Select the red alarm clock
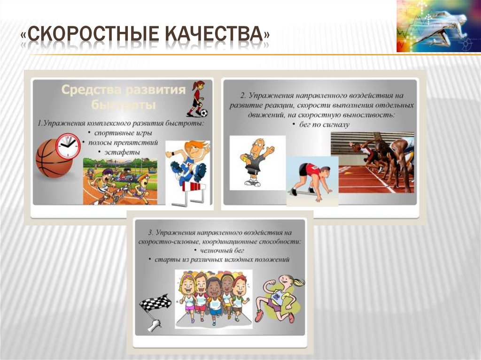tap(68, 146)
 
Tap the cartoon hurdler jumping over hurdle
tap(187, 162)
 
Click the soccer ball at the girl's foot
tap(203, 113)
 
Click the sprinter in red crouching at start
tap(312, 179)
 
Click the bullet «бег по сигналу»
tap(321, 124)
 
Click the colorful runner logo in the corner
tap(432, 26)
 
